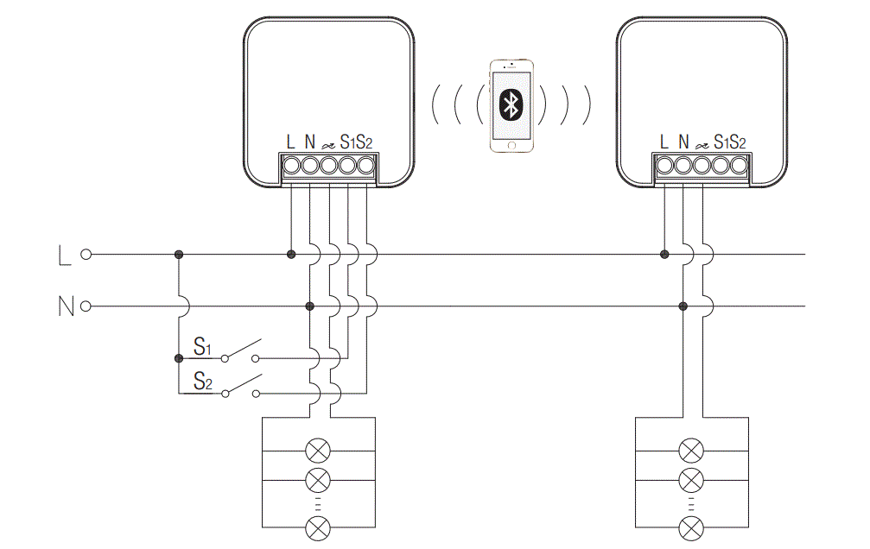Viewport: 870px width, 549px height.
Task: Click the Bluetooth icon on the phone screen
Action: click(x=511, y=106)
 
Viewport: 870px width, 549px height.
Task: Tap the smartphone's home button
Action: click(x=511, y=145)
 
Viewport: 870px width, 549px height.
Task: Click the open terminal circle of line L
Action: click(x=86, y=255)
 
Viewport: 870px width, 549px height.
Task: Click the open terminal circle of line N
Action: click(x=86, y=306)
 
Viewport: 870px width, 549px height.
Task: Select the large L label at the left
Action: click(x=63, y=256)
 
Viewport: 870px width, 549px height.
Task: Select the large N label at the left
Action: click(x=65, y=306)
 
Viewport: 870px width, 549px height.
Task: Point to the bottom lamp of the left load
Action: click(x=319, y=527)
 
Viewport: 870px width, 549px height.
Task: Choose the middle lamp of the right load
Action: click(x=691, y=479)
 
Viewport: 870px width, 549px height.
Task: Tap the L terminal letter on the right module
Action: click(x=664, y=141)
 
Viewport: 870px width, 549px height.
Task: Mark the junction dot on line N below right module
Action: click(x=683, y=306)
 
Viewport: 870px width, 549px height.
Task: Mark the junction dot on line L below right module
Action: click(x=664, y=255)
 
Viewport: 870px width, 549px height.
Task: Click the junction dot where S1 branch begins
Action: click(x=178, y=357)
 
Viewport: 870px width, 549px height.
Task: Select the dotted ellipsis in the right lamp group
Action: click(x=691, y=503)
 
